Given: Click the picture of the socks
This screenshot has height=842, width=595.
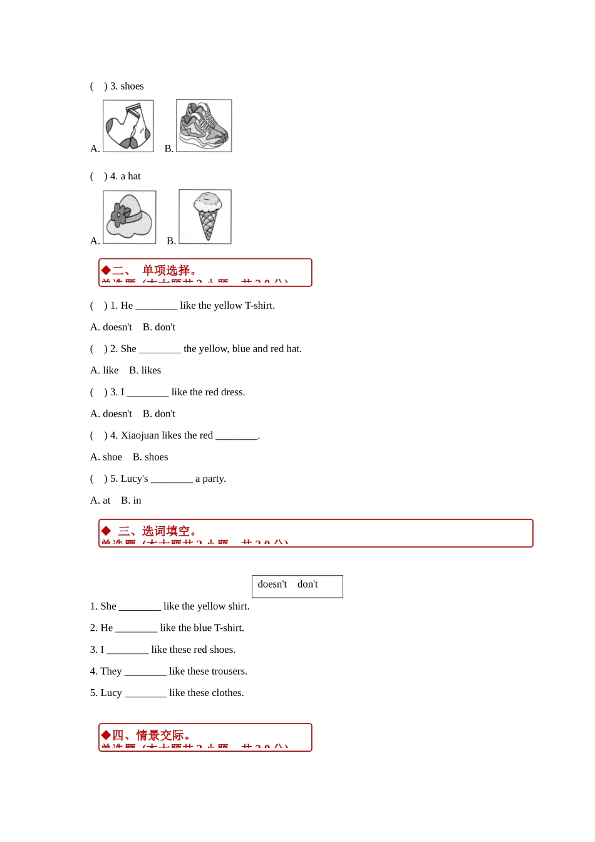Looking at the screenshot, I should [128, 126].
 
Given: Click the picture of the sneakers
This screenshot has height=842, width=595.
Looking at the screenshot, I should [204, 125].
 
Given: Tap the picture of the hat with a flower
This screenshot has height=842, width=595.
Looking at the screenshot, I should [129, 217].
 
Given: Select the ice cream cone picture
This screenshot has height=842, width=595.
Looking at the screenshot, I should [205, 217].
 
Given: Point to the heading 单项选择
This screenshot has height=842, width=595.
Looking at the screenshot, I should [165, 271].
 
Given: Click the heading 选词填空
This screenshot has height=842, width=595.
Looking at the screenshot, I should [165, 531].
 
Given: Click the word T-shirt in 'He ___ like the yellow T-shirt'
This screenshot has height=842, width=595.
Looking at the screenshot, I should [259, 306].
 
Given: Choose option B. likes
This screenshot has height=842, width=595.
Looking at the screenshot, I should [145, 370].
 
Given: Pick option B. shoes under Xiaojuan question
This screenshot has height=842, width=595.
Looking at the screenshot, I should [150, 457].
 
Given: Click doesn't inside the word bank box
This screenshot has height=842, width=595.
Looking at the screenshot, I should [272, 585].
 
